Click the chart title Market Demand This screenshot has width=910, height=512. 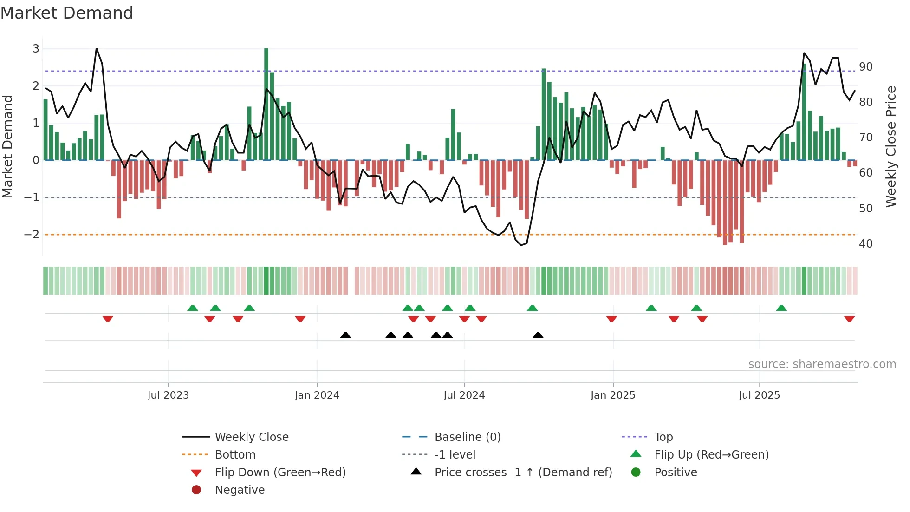pos(67,13)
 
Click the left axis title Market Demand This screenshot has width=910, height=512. pos(7,146)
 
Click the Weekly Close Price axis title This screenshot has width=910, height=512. pos(890,146)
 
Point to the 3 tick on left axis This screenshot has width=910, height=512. pos(36,49)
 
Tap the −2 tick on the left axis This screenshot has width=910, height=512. pos(32,235)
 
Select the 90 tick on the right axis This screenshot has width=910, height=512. pos(865,67)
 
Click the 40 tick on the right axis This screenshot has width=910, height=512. pos(865,243)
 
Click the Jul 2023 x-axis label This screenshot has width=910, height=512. pos(168,395)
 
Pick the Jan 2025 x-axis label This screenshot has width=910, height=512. pos(613,395)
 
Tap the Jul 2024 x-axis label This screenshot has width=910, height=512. pos(464,395)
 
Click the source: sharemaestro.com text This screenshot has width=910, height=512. pos(822,364)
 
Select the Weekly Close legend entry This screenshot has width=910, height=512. pos(251,437)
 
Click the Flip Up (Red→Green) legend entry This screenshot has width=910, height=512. pos(711,455)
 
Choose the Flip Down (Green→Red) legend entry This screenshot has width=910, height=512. pos(280,473)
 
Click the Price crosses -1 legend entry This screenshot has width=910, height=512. pos(523,473)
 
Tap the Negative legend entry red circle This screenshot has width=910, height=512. pos(196,490)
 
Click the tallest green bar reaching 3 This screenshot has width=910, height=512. pos(266,104)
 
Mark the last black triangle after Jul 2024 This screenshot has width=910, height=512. pos(538,335)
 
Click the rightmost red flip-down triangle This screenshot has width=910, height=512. pos(849,319)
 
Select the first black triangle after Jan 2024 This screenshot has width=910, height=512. pos(345,335)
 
